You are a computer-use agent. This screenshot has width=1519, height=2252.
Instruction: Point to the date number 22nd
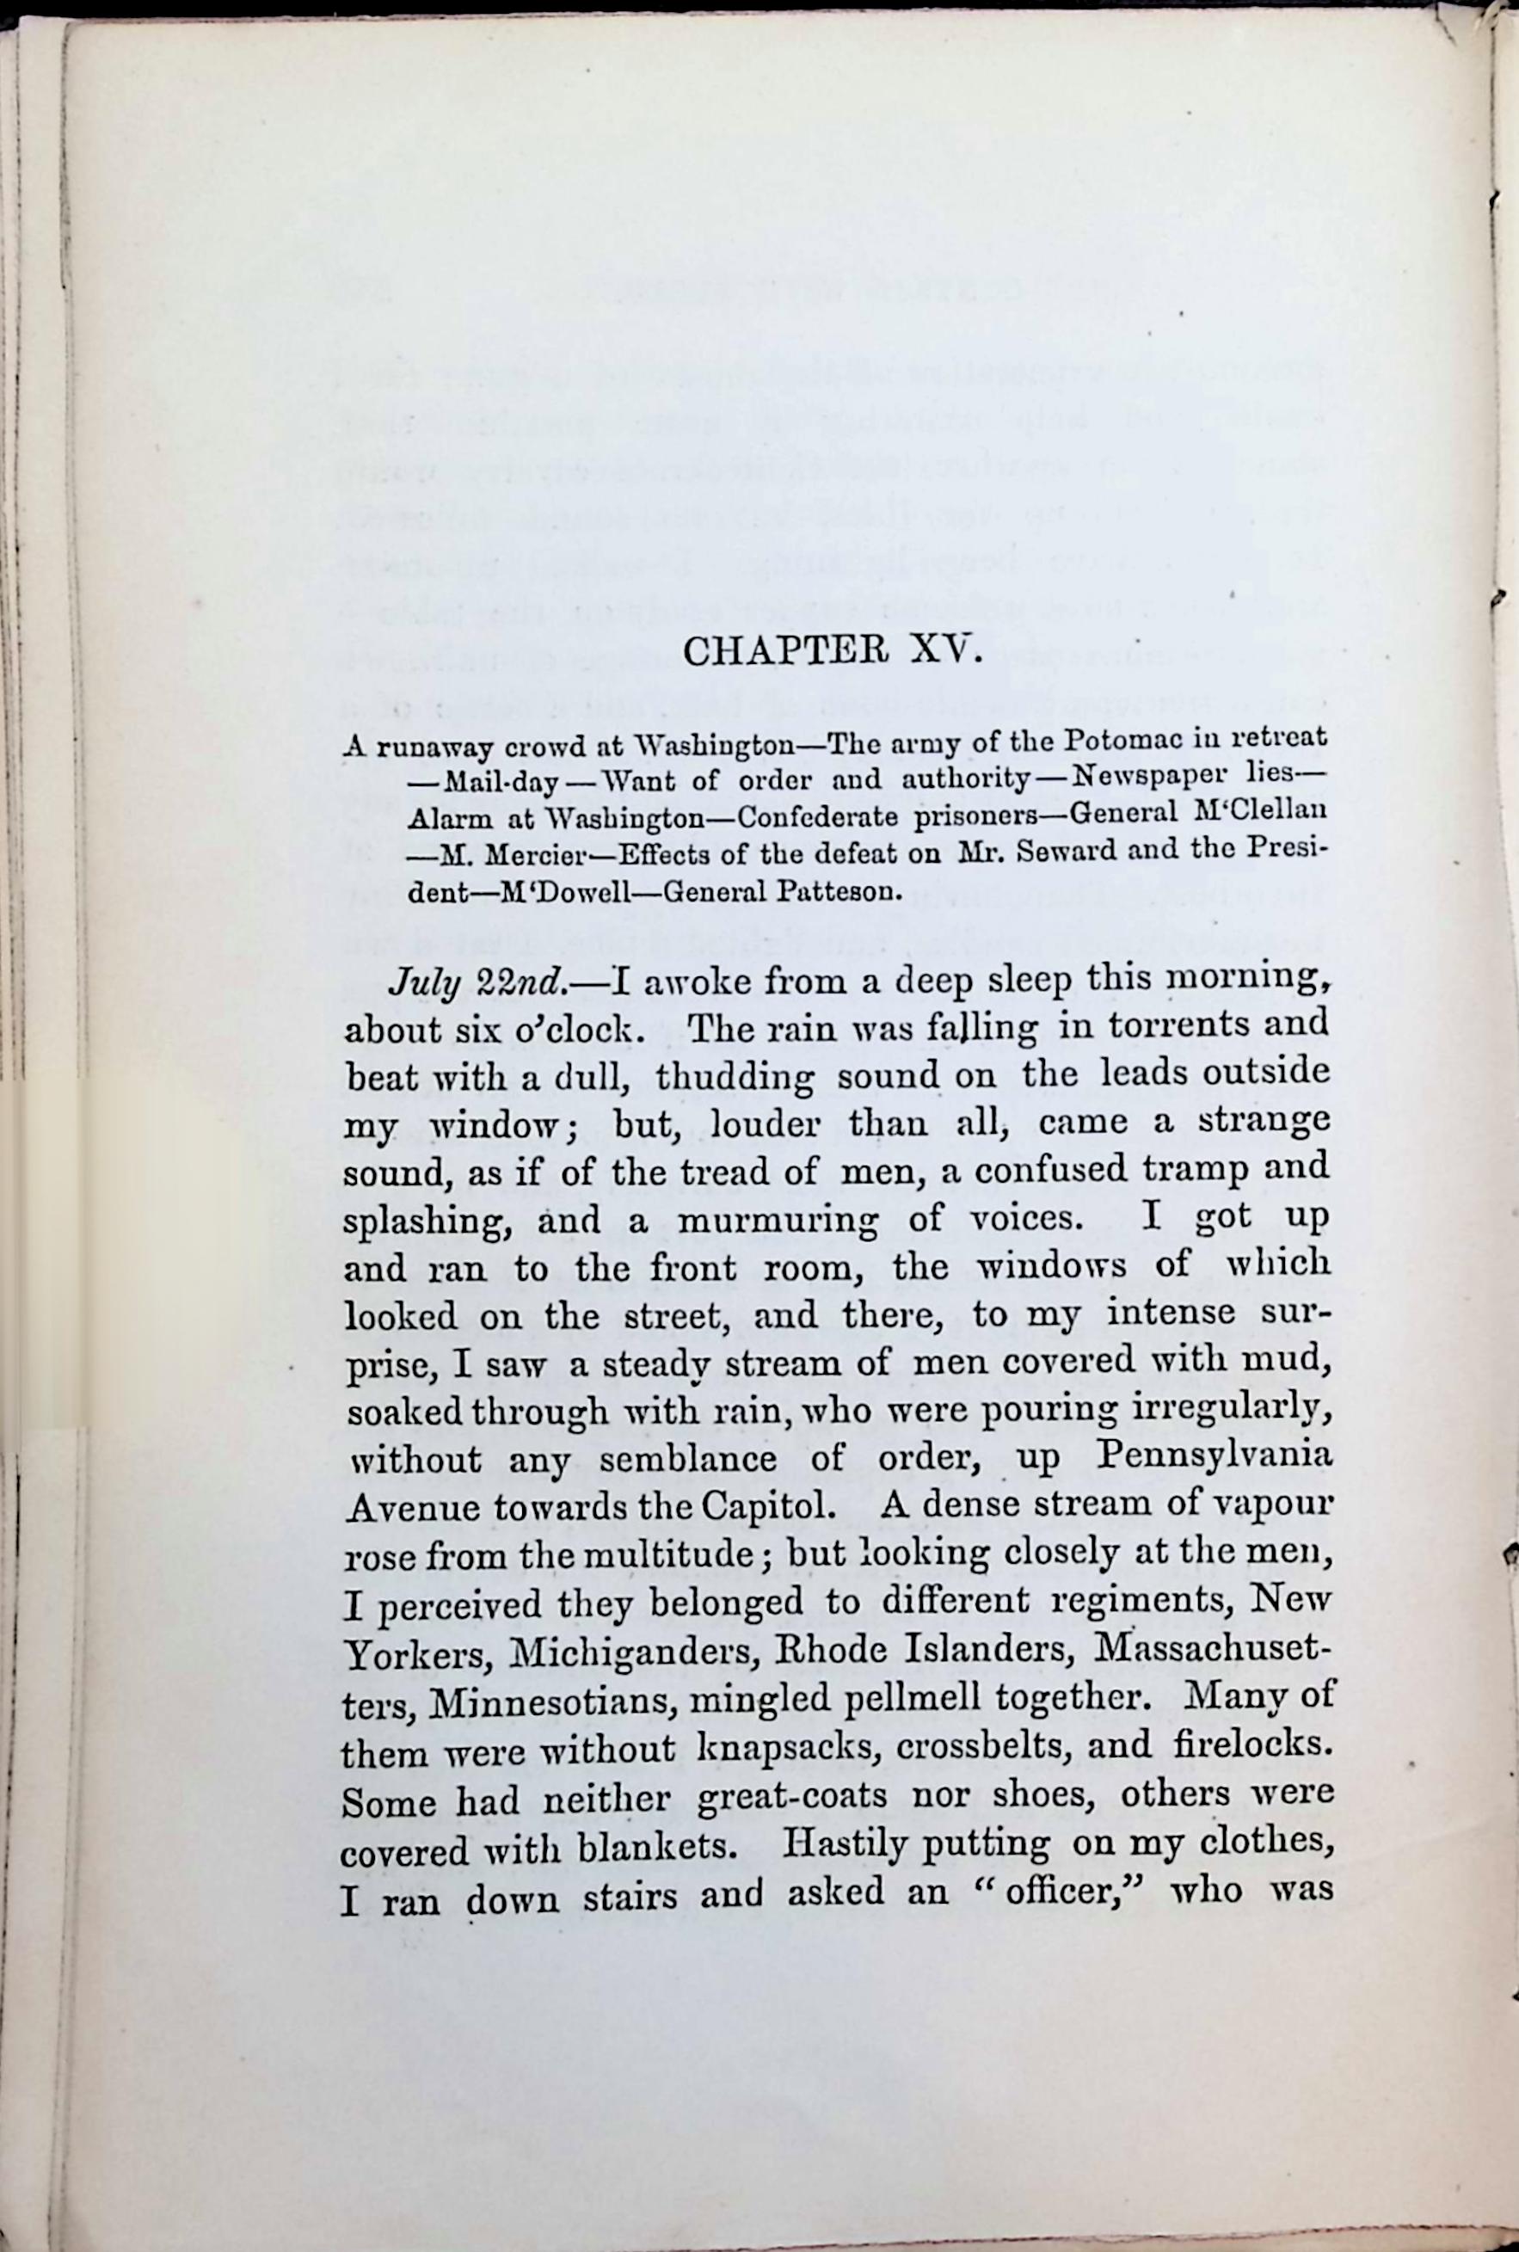pyautogui.click(x=524, y=982)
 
